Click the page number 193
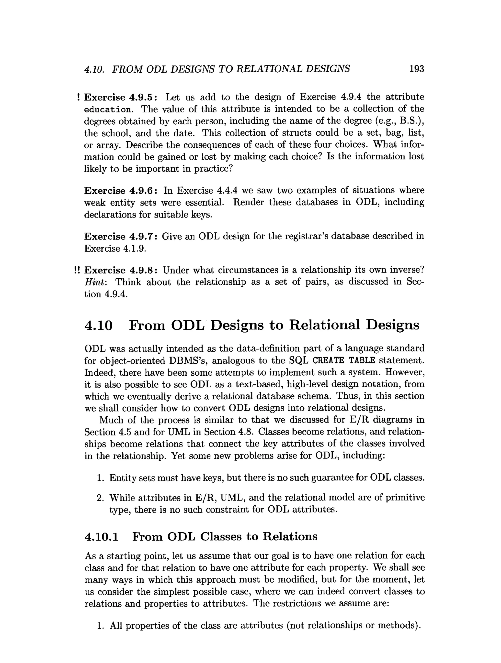tap(416, 69)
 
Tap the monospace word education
tap(107, 109)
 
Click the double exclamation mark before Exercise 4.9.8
tap(77, 270)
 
